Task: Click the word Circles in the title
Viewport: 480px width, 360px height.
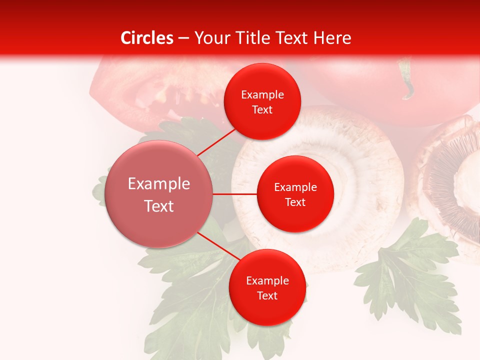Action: point(146,38)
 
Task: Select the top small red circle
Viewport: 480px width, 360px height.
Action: point(262,80)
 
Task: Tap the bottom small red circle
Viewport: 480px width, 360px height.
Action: point(267,310)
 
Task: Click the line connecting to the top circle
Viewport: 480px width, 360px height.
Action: point(216,141)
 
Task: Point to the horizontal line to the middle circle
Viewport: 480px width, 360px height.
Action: point(235,194)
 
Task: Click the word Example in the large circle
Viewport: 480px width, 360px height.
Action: point(159,184)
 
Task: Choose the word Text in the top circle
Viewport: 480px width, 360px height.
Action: point(262,110)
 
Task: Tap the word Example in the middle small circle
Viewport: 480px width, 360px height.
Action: point(295,187)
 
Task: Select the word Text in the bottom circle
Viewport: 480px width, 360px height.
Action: point(267,296)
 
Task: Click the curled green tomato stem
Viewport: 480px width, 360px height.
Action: point(408,80)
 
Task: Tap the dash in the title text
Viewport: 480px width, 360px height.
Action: point(183,38)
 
